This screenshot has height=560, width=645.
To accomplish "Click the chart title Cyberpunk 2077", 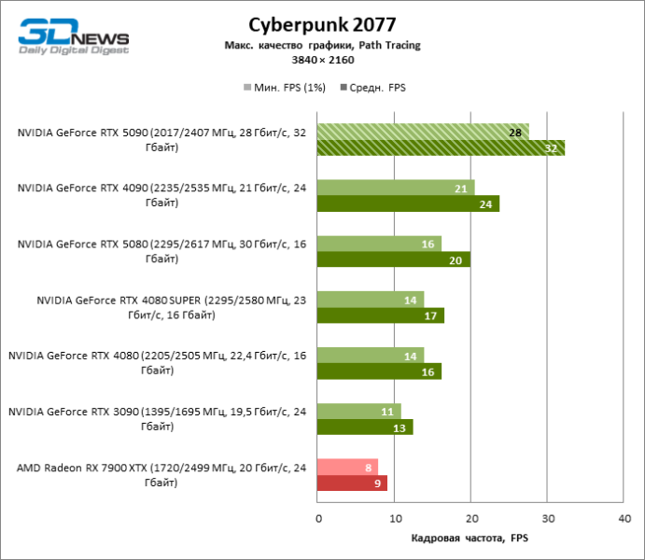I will (321, 24).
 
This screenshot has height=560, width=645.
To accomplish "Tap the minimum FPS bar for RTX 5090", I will (423, 132).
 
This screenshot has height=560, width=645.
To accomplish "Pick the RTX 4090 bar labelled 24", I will (408, 203).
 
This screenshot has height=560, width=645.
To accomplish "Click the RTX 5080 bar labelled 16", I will (379, 244).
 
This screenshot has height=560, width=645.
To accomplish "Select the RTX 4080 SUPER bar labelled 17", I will (381, 315).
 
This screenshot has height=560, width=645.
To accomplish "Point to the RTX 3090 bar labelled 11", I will (358, 411).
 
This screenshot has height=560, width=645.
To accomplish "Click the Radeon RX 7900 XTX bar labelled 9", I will (352, 483).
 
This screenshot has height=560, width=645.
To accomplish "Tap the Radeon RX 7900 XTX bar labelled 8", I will (347, 467).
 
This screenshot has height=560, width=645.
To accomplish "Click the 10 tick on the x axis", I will (395, 517).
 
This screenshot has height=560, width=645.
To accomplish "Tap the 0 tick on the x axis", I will (318, 517).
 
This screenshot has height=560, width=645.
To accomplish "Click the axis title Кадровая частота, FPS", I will (470, 539).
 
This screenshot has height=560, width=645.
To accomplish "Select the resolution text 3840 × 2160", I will (321, 60).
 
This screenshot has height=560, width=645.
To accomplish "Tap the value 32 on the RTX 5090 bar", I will (551, 147).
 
